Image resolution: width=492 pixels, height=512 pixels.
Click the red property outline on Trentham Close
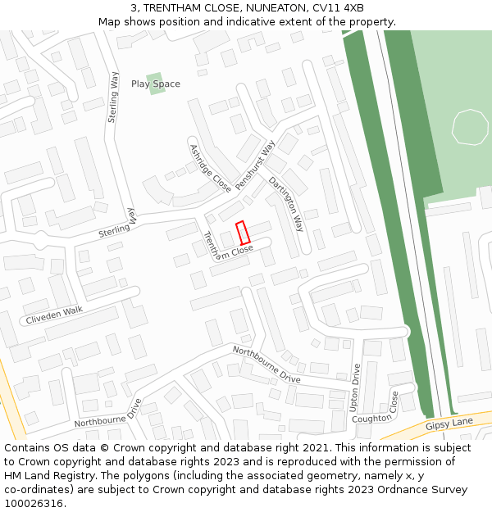(x=243, y=233)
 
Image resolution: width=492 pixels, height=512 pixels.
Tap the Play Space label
(x=156, y=84)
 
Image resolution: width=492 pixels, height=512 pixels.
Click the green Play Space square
(x=155, y=84)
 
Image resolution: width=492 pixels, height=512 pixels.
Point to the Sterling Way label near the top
(x=114, y=97)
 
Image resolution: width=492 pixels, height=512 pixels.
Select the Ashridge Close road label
(x=210, y=168)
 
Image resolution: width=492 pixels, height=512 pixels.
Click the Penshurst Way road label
(x=255, y=165)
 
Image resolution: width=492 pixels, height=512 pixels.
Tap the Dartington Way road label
(x=286, y=204)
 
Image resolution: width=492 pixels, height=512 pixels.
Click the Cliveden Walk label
(x=54, y=315)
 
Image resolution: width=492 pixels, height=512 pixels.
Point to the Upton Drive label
(x=355, y=387)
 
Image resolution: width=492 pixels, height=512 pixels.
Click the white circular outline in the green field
(x=470, y=126)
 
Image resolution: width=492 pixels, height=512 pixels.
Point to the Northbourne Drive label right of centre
(x=266, y=365)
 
